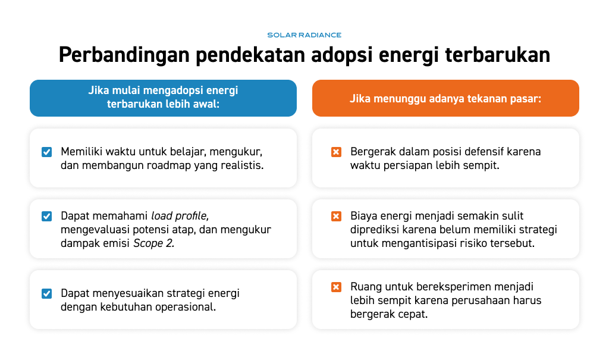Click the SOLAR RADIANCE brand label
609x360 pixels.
304,35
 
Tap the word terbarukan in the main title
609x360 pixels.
498,54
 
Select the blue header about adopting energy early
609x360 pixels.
163,98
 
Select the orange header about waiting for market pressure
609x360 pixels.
445,98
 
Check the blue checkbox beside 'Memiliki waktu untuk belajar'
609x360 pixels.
46,152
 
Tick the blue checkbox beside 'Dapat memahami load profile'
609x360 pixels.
46,216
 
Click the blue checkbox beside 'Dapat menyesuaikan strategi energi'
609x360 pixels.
46,293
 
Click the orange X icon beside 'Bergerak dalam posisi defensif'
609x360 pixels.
337,152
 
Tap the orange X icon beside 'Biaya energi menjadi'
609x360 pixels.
337,216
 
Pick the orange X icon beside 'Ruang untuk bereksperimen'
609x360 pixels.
337,287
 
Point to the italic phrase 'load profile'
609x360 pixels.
180,216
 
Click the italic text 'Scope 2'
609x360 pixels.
154,243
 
